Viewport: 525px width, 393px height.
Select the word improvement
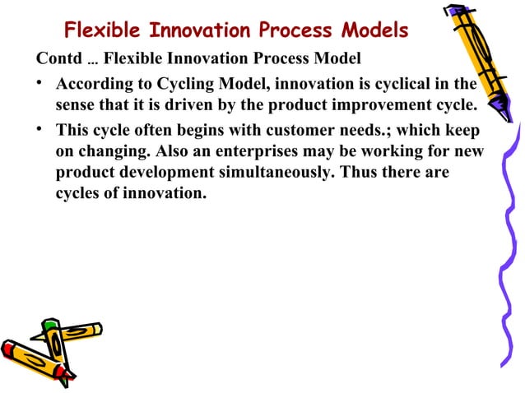click(x=360, y=107)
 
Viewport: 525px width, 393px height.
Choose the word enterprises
click(x=244, y=154)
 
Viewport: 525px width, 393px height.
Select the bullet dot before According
click(x=41, y=86)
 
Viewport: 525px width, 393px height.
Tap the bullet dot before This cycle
click(x=41, y=132)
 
